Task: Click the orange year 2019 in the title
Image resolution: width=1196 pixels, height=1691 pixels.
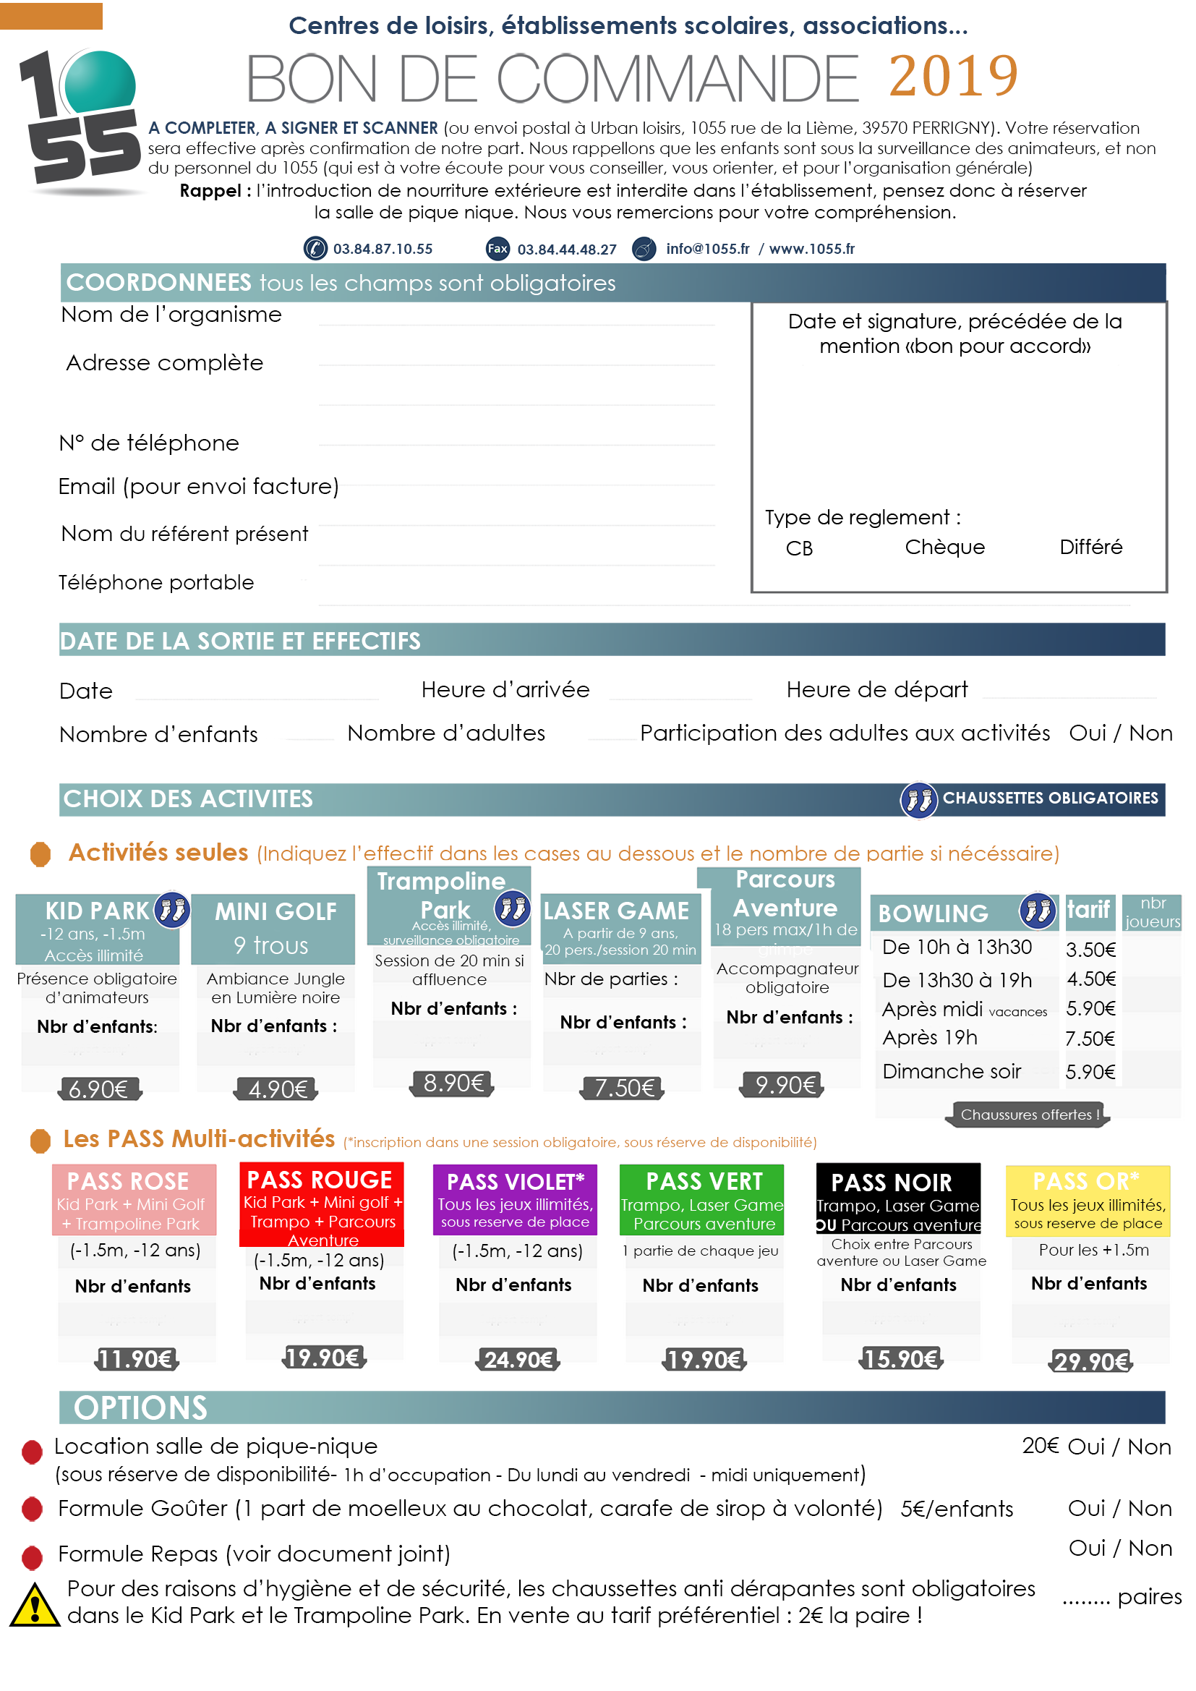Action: pyautogui.click(x=953, y=76)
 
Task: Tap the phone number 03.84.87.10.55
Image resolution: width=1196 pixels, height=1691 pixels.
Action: pyautogui.click(x=383, y=249)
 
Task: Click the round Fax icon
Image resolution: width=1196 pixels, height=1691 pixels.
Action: pyautogui.click(x=497, y=249)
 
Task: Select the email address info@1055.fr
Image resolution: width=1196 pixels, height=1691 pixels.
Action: pyautogui.click(x=707, y=249)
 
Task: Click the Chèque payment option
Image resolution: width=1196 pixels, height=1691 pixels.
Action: pyautogui.click(x=945, y=548)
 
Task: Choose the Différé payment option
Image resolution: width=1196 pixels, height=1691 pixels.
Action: pyautogui.click(x=1090, y=548)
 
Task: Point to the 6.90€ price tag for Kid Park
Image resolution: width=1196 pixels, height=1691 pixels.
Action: pyautogui.click(x=98, y=1089)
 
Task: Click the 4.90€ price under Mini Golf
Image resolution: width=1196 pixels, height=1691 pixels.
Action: pyautogui.click(x=277, y=1089)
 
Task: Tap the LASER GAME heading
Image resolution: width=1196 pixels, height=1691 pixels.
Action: pyautogui.click(x=616, y=911)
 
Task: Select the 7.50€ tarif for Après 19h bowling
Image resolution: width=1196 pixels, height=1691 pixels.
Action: pyautogui.click(x=1090, y=1039)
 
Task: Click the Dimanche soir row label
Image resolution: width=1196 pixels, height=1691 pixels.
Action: pyautogui.click(x=952, y=1071)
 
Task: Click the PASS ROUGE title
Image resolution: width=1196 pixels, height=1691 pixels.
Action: pyautogui.click(x=320, y=1180)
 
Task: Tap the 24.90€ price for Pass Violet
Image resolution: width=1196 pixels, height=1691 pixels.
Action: pyautogui.click(x=518, y=1359)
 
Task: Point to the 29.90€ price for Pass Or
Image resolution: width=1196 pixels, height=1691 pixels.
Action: pyautogui.click(x=1090, y=1361)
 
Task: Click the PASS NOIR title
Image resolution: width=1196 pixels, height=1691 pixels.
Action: pyautogui.click(x=891, y=1182)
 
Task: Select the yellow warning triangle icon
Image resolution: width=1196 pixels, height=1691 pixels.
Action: pyautogui.click(x=35, y=1605)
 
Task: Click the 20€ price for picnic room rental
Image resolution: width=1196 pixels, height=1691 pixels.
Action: pyautogui.click(x=1040, y=1446)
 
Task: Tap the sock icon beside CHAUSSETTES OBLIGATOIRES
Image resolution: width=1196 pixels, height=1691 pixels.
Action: pyautogui.click(x=918, y=799)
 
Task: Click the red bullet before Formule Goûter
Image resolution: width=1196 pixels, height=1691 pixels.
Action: pyautogui.click(x=33, y=1509)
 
